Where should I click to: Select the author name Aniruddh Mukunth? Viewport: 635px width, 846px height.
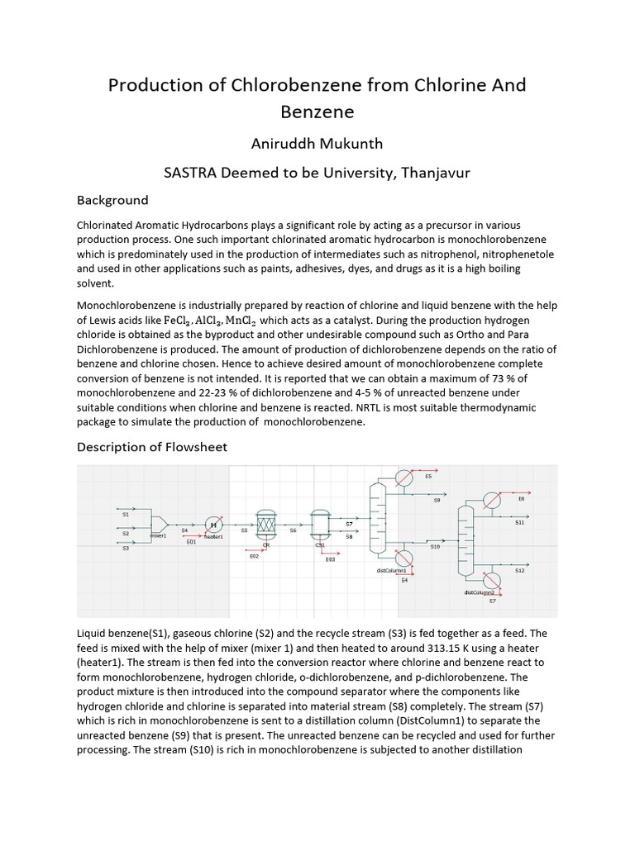[317, 144]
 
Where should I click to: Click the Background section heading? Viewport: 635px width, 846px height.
[112, 200]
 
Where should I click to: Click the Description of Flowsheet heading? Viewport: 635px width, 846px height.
[151, 447]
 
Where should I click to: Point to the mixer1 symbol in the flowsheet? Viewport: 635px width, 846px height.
[160, 525]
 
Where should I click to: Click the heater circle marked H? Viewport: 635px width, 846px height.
[213, 525]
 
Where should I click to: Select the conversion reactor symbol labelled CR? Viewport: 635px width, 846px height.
[265, 524]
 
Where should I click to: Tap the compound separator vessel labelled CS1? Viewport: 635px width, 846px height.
[320, 524]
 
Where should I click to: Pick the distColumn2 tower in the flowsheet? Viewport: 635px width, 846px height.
[466, 542]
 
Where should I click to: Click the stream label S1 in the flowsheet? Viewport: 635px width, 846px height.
[126, 515]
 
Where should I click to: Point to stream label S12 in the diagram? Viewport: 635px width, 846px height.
[519, 570]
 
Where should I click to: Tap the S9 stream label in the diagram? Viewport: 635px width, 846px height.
[437, 501]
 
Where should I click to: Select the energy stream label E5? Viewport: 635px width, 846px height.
[427, 477]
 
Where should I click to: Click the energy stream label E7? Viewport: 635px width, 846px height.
[492, 601]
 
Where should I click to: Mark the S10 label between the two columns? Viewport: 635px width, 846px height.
[435, 547]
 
